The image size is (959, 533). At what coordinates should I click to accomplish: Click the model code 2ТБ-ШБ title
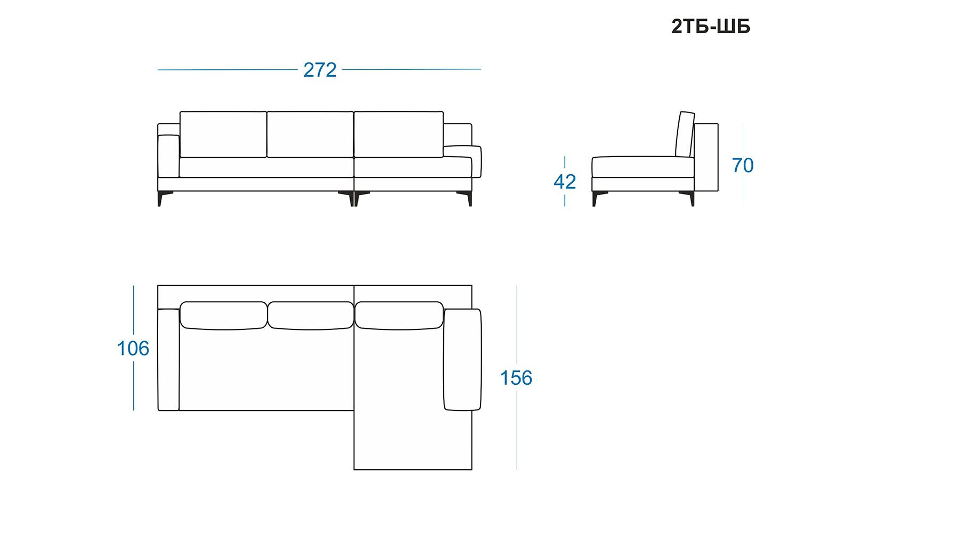[x=711, y=26]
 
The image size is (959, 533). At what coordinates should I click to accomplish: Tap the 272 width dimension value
[x=320, y=70]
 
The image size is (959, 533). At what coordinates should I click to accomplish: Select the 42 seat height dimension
[x=565, y=182]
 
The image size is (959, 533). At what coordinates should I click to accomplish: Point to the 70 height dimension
[x=743, y=165]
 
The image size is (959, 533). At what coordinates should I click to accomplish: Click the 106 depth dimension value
[x=133, y=348]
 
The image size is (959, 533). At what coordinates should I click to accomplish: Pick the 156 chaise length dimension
[x=516, y=378]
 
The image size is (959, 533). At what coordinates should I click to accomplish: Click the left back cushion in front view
[x=223, y=134]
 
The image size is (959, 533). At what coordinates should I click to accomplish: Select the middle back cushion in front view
[x=310, y=134]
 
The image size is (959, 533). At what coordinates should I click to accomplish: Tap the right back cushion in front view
[x=399, y=134]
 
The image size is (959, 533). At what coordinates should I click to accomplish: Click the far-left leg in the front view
[x=160, y=198]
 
